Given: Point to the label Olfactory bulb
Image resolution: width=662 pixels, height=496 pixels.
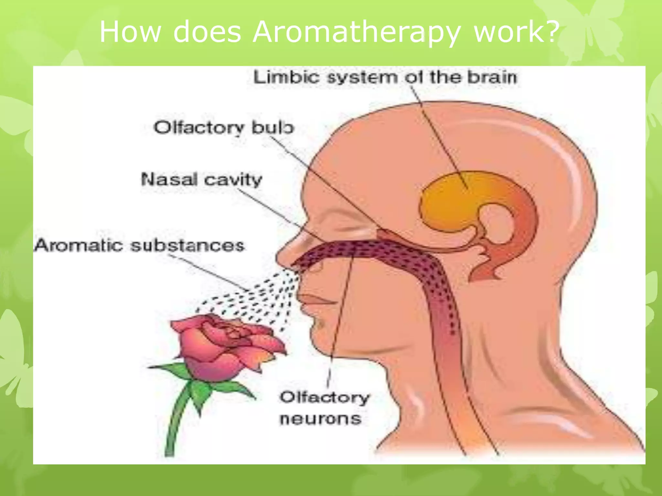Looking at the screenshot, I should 224,128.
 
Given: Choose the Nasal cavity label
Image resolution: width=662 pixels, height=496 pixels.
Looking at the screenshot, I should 201,180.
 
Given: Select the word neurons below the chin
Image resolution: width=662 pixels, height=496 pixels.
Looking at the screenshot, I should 320,419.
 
